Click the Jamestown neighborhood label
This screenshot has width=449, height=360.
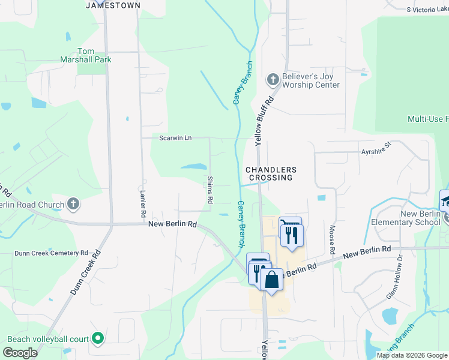113,5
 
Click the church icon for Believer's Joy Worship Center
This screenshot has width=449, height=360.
273,79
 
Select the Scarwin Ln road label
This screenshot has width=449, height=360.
175,138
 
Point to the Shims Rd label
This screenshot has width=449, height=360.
210,190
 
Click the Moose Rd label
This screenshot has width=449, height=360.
332,238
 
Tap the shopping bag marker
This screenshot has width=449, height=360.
271,279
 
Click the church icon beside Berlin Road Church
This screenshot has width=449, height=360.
73,205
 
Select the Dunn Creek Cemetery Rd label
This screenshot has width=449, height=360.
51,253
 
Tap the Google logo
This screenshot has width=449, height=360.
20,353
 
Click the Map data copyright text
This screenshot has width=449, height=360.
412,355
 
